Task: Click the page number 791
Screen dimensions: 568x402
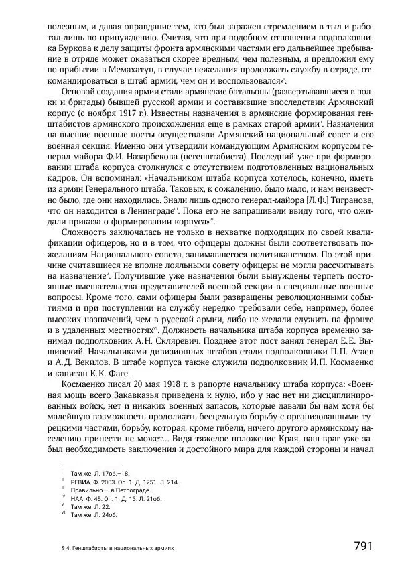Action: [362, 546]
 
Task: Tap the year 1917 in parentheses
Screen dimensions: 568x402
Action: [132, 113]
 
